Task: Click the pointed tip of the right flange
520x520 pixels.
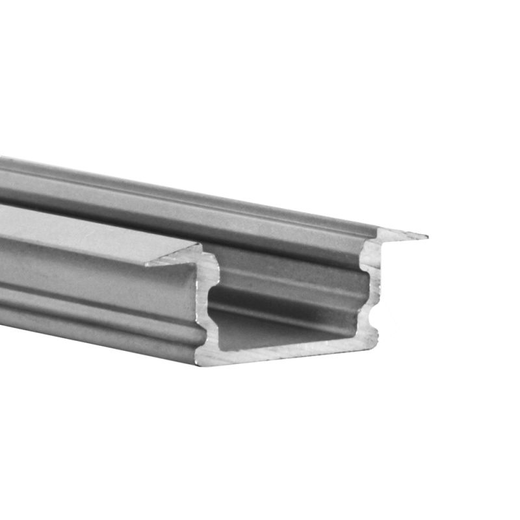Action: click(426, 235)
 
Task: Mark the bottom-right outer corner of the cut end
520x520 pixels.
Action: click(376, 339)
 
